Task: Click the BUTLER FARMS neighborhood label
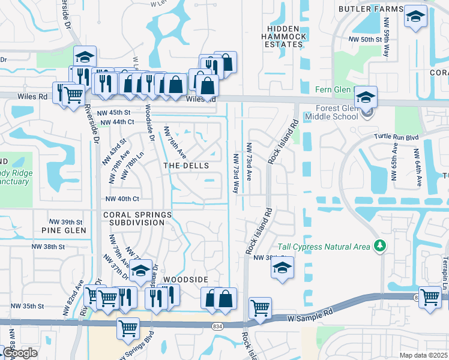click(370, 9)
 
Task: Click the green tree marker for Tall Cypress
click(379, 246)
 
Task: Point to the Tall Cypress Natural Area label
click(324, 247)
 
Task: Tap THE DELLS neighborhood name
click(186, 166)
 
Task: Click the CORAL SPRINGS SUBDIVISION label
click(137, 218)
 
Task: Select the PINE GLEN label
click(64, 230)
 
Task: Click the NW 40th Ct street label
click(122, 199)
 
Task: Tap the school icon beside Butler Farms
click(415, 17)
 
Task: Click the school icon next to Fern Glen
click(366, 96)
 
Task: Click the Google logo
click(20, 353)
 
